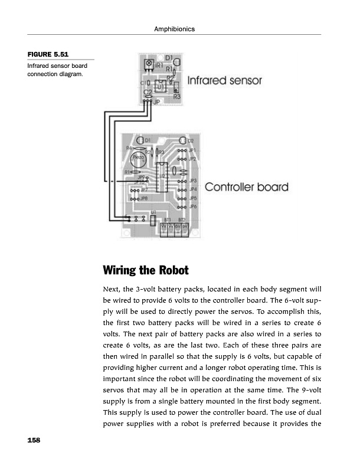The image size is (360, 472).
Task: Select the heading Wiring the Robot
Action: point(145,271)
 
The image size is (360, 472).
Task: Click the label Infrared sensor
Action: point(224,80)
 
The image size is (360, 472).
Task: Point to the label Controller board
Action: point(246,188)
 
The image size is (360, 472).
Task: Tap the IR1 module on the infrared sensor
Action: point(150,64)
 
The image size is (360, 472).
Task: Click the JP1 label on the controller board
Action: point(192,151)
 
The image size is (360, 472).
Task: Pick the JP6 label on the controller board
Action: point(192,207)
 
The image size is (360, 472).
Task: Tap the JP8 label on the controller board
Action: point(143,199)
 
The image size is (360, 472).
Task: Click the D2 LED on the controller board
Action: point(182,141)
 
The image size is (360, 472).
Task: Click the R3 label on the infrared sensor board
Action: point(176,96)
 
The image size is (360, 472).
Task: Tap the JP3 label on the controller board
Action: point(192,181)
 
